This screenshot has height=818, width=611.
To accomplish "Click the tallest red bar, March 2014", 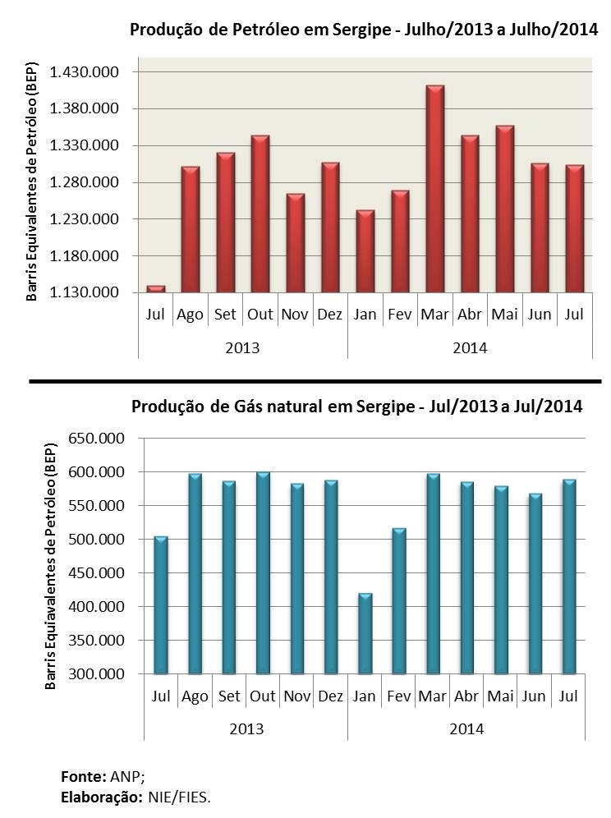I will (x=434, y=189).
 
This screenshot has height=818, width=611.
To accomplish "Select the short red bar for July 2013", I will (x=155, y=288).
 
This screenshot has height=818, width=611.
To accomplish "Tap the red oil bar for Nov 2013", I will (x=295, y=243).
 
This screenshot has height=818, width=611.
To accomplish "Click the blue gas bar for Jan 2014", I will (x=364, y=632).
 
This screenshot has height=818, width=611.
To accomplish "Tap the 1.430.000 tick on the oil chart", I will (x=85, y=72).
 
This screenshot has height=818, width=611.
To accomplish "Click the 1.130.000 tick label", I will (x=85, y=292).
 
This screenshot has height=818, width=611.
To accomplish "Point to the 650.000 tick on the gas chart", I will (x=96, y=439).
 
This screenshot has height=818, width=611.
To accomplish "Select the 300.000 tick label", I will (x=96, y=674).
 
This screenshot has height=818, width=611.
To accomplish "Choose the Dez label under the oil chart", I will (x=329, y=315).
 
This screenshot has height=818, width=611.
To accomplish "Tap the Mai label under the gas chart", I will (x=500, y=696).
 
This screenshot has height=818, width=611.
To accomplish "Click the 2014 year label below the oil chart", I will (x=470, y=347).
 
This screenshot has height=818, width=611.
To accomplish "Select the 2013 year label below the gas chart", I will (x=246, y=728).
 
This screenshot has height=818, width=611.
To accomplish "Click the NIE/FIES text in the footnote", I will (x=179, y=797).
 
